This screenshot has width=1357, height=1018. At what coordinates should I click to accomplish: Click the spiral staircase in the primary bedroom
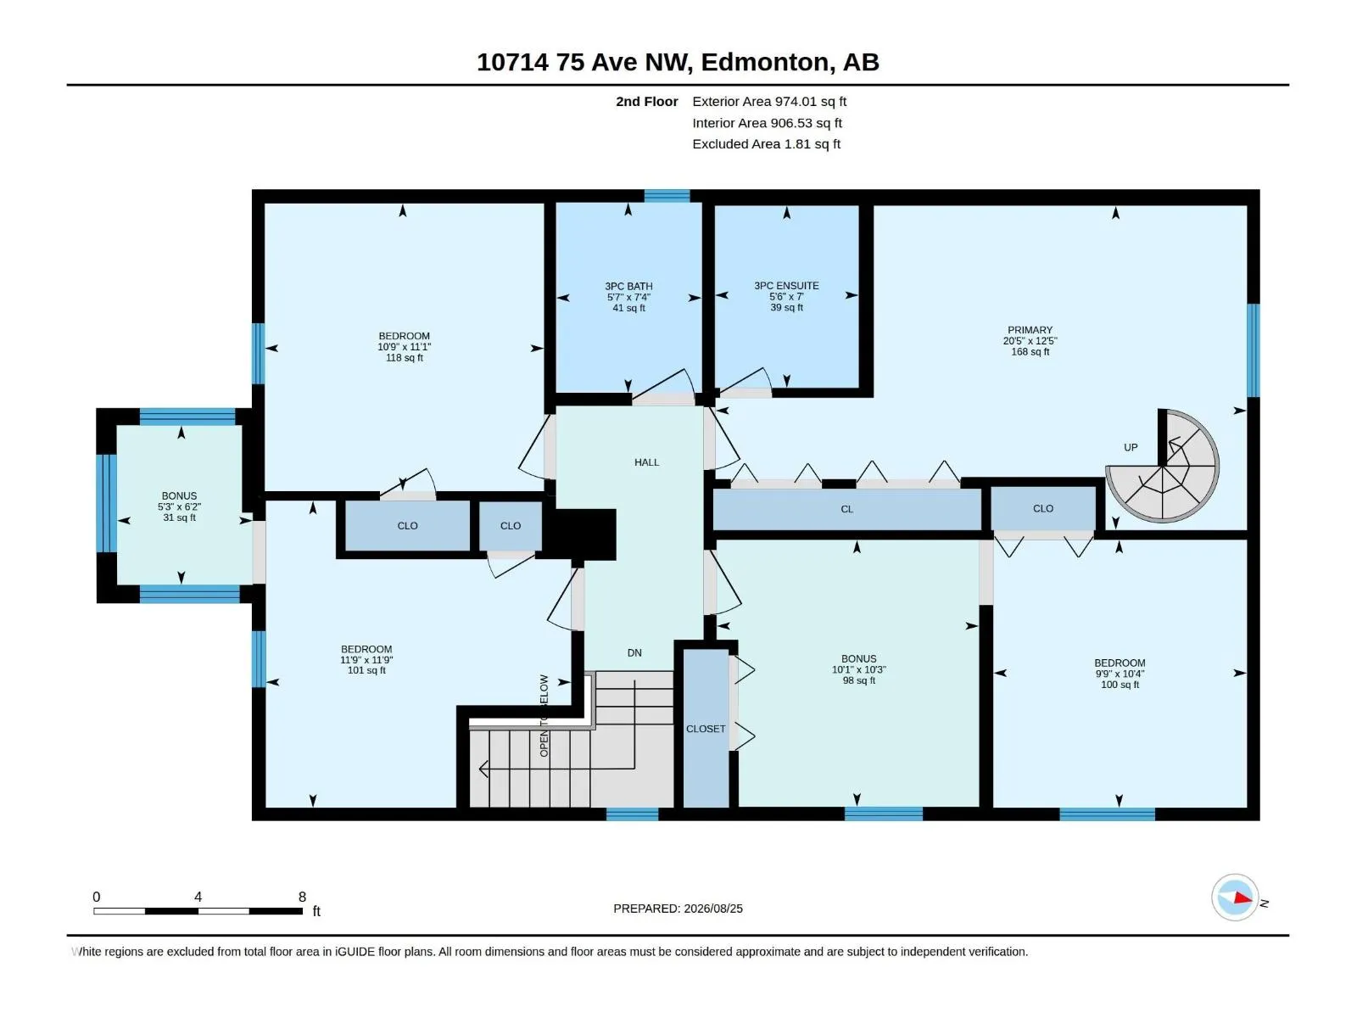click(x=1162, y=466)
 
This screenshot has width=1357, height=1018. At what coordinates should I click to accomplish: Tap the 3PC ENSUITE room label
click(x=785, y=286)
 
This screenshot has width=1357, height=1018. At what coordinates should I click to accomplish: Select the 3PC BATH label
click(x=628, y=286)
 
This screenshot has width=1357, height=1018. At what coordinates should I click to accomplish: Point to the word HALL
click(x=646, y=462)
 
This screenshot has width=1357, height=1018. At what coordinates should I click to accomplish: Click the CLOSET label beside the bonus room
click(x=706, y=729)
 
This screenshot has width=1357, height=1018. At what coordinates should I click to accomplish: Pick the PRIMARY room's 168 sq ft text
click(x=1030, y=352)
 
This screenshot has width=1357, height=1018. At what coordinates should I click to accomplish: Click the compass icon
click(x=1235, y=897)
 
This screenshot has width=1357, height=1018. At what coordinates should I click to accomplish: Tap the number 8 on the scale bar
click(x=302, y=897)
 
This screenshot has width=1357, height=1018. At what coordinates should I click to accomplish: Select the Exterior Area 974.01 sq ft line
click(x=769, y=101)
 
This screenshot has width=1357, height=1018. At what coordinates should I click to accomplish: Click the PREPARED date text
click(x=678, y=909)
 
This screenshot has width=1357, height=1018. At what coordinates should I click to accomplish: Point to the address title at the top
click(x=678, y=62)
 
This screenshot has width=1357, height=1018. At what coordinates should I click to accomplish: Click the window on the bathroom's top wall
click(x=667, y=196)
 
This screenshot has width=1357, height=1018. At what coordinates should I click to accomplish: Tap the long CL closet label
click(x=846, y=509)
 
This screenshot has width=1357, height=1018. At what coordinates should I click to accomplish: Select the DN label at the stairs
click(x=634, y=652)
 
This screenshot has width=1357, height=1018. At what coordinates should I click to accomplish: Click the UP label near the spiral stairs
click(x=1130, y=448)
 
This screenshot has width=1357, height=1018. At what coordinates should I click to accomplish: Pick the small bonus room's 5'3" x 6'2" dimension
click(x=179, y=506)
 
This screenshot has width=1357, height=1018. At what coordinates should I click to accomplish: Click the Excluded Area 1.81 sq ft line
click(x=766, y=144)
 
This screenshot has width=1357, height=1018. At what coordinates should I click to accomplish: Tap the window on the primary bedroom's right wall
click(x=1253, y=350)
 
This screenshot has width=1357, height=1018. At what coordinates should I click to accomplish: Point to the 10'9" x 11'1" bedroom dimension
click(x=404, y=347)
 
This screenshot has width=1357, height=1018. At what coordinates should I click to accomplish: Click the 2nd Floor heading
click(x=646, y=101)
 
